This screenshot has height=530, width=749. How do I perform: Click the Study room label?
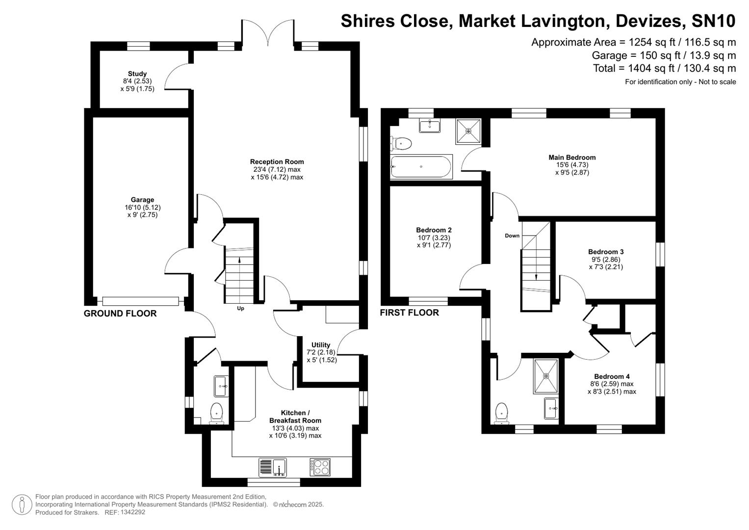(137, 74)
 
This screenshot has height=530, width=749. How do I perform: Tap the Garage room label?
(142, 200)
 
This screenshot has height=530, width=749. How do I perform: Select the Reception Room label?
(277, 161)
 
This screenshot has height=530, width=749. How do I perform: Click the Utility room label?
(321, 345)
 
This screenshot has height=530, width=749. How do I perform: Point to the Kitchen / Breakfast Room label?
(295, 417)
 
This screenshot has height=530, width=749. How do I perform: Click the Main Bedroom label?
(572, 158)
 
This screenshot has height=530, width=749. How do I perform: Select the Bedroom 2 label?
(434, 230)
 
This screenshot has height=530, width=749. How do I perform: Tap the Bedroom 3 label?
(606, 252)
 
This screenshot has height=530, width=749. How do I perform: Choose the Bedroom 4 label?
(612, 376)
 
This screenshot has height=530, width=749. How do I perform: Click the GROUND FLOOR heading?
(120, 314)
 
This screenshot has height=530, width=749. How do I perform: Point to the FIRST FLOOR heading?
(410, 313)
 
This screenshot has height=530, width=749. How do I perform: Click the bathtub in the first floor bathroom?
(421, 166)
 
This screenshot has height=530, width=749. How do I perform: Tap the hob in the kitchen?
(320, 467)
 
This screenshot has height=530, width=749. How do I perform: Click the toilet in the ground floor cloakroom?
(216, 413)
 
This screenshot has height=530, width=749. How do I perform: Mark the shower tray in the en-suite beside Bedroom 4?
(546, 376)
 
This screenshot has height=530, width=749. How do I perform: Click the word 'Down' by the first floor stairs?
(512, 236)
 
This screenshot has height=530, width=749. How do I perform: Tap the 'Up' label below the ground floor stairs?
(240, 309)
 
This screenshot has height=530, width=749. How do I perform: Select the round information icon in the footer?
(22, 504)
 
